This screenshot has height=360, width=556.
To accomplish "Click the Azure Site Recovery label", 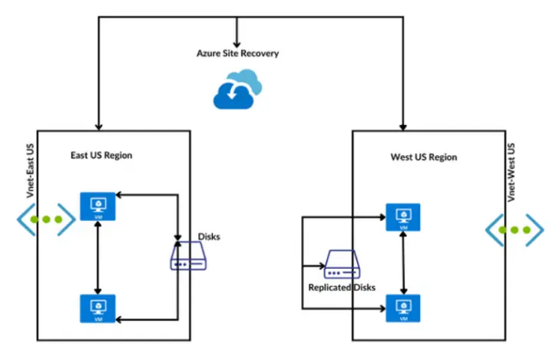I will (x=237, y=54).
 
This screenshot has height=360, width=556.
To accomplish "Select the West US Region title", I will (x=423, y=157).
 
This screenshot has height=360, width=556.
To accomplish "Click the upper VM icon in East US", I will (x=98, y=206).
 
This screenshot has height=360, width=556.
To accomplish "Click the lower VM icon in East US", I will (x=98, y=308).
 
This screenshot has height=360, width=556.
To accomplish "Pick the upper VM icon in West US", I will (x=403, y=217).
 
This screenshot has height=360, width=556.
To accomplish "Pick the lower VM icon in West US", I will (x=403, y=308).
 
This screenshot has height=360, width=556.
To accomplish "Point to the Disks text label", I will (x=209, y=236).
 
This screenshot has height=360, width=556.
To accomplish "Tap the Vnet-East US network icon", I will (x=45, y=220).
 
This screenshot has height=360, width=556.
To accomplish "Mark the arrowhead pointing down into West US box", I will (x=402, y=125).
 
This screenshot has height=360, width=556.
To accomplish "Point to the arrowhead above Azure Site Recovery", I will (x=237, y=41).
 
